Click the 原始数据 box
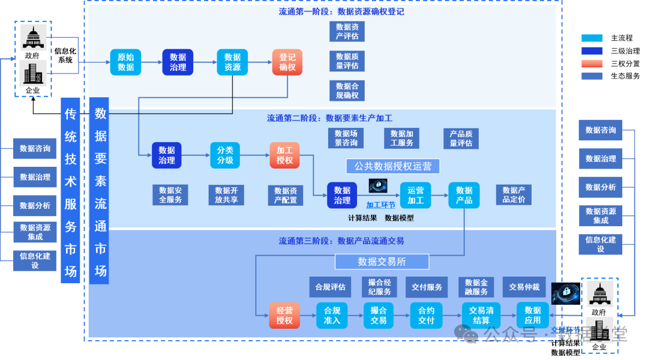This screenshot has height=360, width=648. tap(125, 62)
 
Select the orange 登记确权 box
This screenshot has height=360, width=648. tap(287, 62)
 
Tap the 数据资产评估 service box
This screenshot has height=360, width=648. tap(347, 31)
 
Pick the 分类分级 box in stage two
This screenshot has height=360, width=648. tap(225, 155)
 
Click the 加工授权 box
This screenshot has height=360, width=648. tap(284, 155)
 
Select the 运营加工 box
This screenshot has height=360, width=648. tap(415, 195)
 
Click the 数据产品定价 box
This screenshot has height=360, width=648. tap(514, 195)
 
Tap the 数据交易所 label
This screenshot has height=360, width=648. tap(382, 262)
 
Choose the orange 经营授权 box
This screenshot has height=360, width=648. tap(284, 316)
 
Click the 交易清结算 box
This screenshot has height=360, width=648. tap(481, 316)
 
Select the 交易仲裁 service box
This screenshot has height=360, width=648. tap(524, 287)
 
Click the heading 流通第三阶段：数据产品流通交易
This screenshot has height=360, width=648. tap(341, 241)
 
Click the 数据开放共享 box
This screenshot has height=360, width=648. tap(226, 195)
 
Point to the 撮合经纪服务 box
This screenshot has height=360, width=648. tap(379, 287)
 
